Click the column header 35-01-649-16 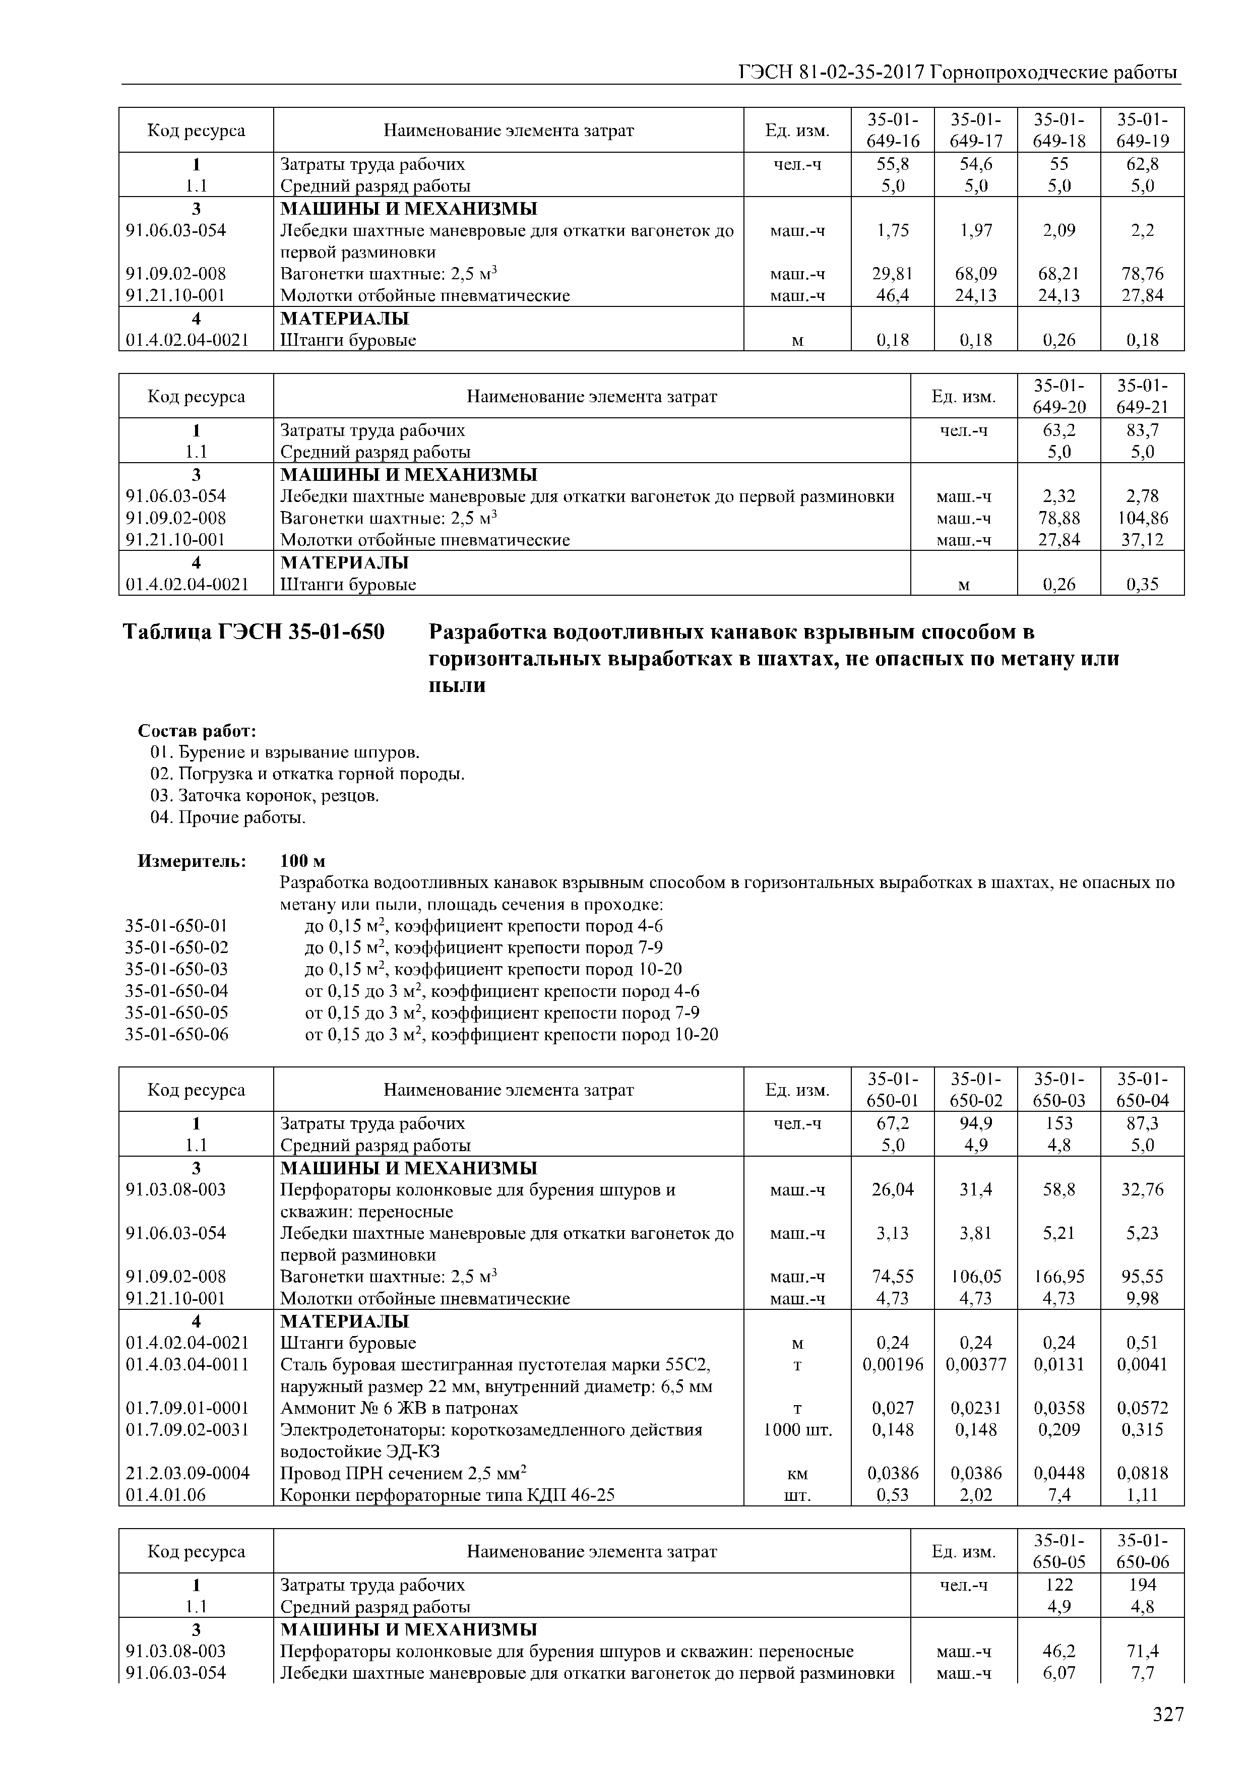click(x=893, y=130)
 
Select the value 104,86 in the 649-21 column click(x=1142, y=518)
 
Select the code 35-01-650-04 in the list click(x=176, y=991)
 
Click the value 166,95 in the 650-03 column click(x=1059, y=1277)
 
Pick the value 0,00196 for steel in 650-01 click(x=893, y=1364)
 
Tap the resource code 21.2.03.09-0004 click(x=187, y=1473)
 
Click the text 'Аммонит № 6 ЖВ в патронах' click(x=399, y=1408)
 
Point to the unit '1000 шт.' click(x=797, y=1430)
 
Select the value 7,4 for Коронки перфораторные click(x=1059, y=1495)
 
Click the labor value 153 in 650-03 click(x=1059, y=1123)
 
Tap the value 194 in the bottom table click(x=1142, y=1585)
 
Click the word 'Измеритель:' click(x=192, y=861)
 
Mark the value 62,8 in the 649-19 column click(x=1142, y=164)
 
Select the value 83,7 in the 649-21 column click(x=1142, y=430)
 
